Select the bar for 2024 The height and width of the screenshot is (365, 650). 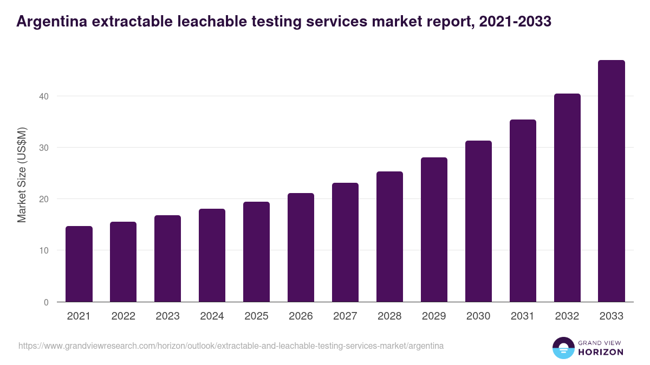tap(212, 255)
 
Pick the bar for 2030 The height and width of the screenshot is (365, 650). tap(478, 221)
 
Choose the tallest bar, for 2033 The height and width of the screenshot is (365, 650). tap(612, 181)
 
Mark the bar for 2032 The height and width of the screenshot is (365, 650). tap(567, 198)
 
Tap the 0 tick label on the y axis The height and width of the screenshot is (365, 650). tap(46, 302)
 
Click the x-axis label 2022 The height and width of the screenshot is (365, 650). tap(123, 316)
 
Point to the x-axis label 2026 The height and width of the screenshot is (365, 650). tap(301, 316)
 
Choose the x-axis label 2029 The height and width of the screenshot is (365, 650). tap(434, 316)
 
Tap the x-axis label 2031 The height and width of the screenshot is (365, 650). tap(523, 316)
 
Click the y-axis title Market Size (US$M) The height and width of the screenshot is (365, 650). tap(22, 175)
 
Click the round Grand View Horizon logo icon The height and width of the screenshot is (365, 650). tap(563, 348)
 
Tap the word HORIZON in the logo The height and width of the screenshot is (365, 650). tap(601, 352)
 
